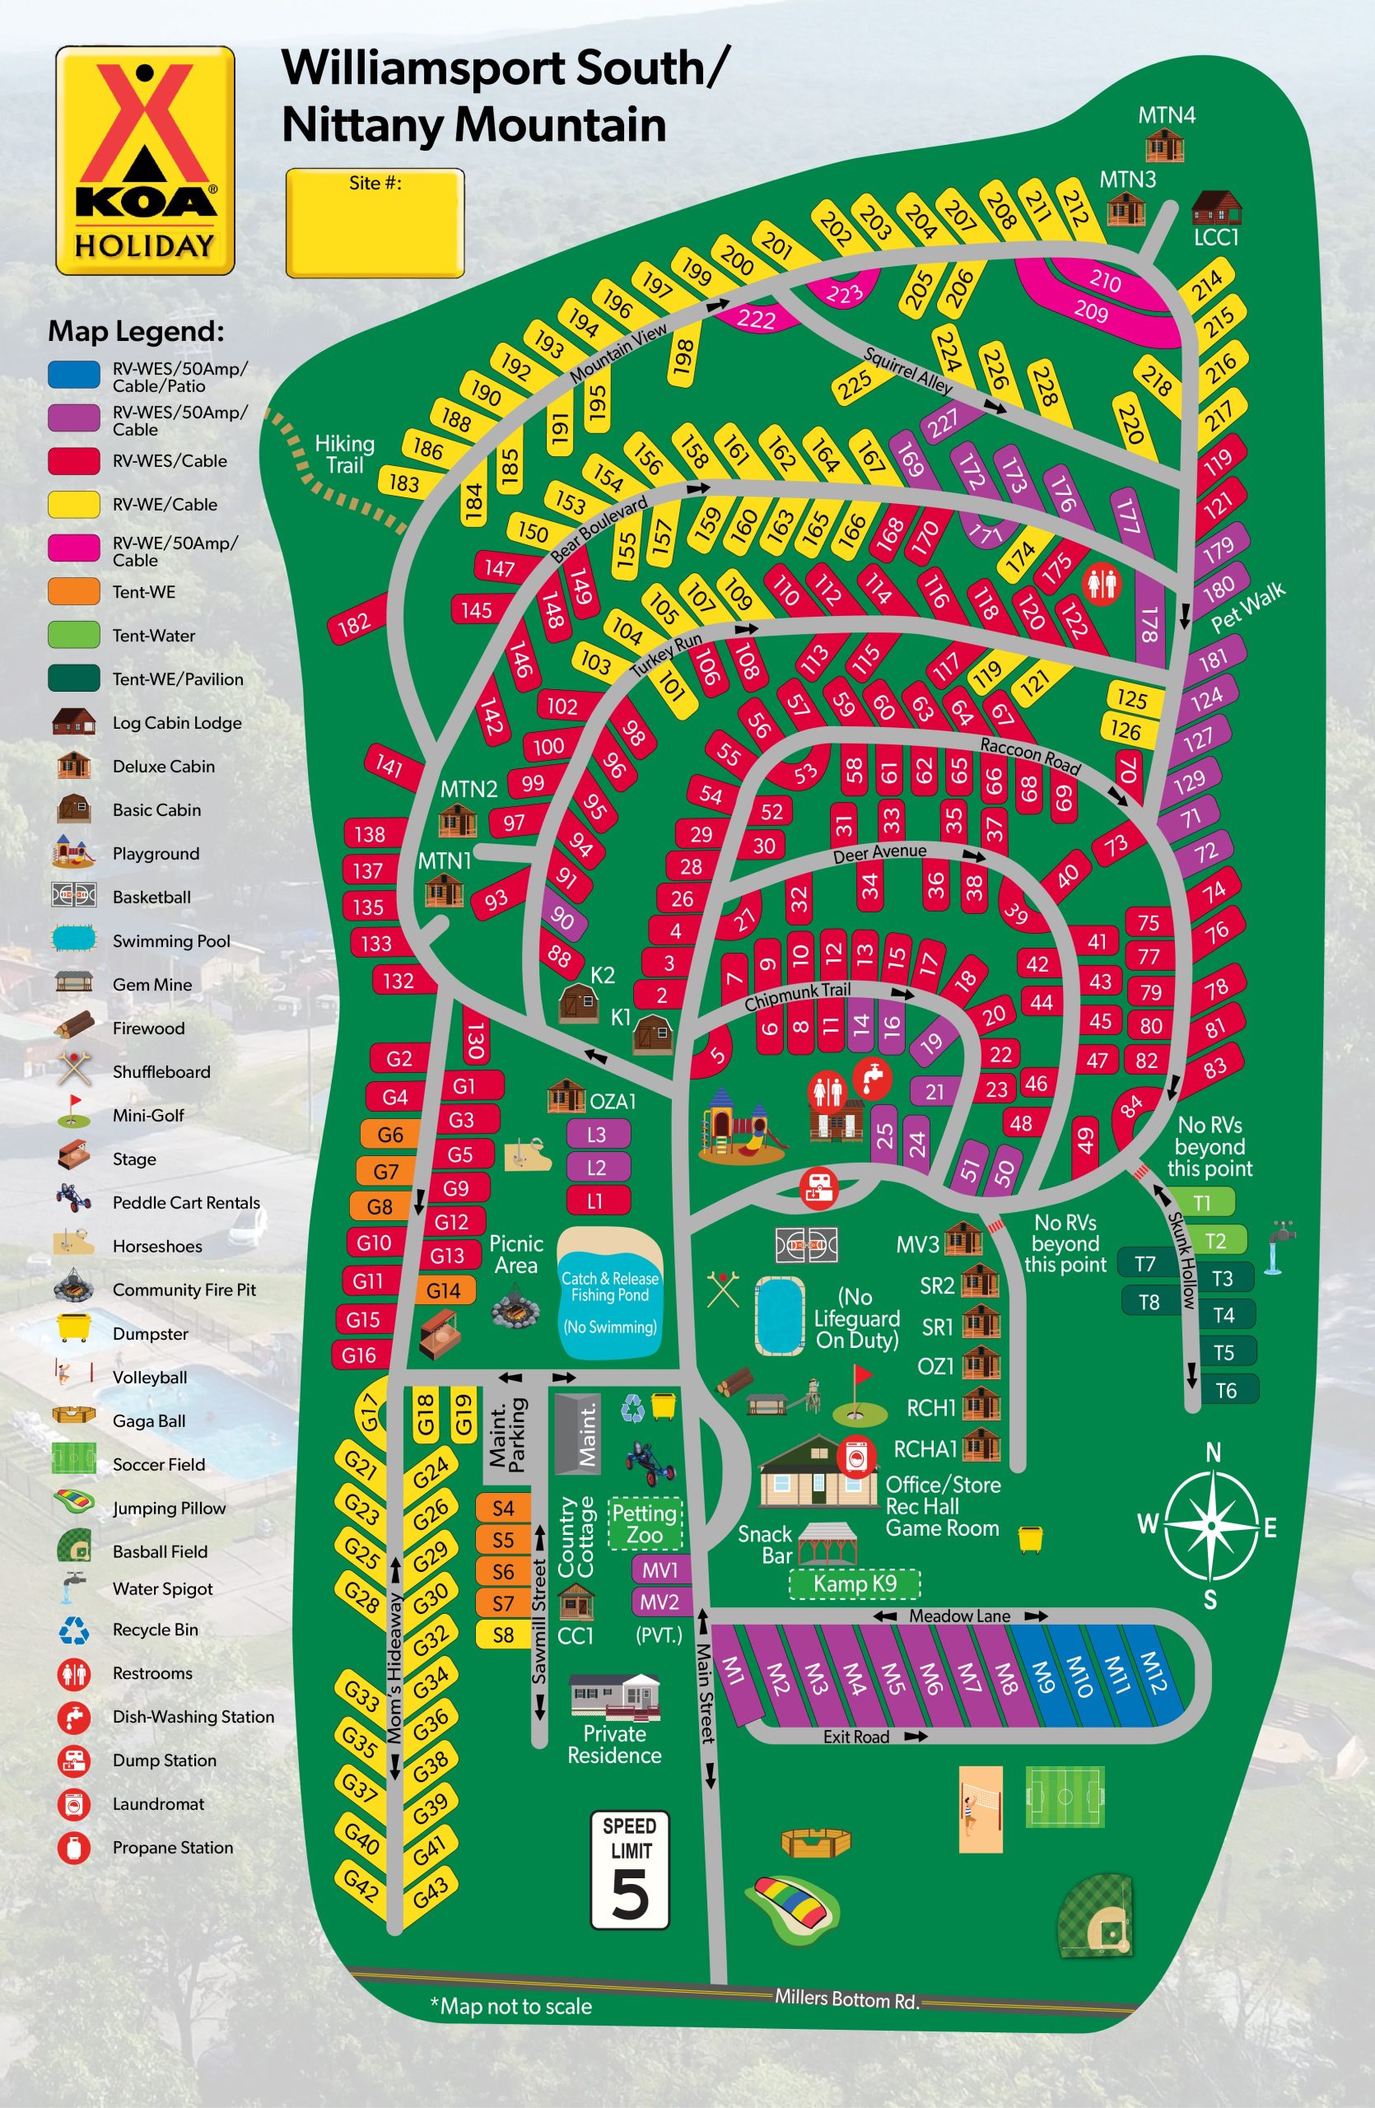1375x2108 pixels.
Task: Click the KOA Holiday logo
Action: coord(145,161)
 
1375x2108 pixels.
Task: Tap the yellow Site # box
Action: coord(375,223)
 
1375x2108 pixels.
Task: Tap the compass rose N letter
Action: coord(1213,1453)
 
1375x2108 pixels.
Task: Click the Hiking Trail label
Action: coord(344,454)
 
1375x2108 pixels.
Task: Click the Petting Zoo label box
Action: coord(645,1523)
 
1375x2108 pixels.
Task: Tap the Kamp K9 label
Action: coord(855,1583)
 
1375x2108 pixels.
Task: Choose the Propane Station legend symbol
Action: coord(74,1848)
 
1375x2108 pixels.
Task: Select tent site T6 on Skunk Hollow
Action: coord(1226,1391)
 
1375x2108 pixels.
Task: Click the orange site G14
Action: coord(444,1290)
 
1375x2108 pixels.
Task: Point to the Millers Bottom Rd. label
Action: coord(846,1999)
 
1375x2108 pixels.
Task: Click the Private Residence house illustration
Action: coord(614,1695)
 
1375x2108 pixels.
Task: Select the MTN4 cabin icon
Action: coord(1164,145)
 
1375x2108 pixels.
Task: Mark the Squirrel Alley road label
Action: coord(907,371)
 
